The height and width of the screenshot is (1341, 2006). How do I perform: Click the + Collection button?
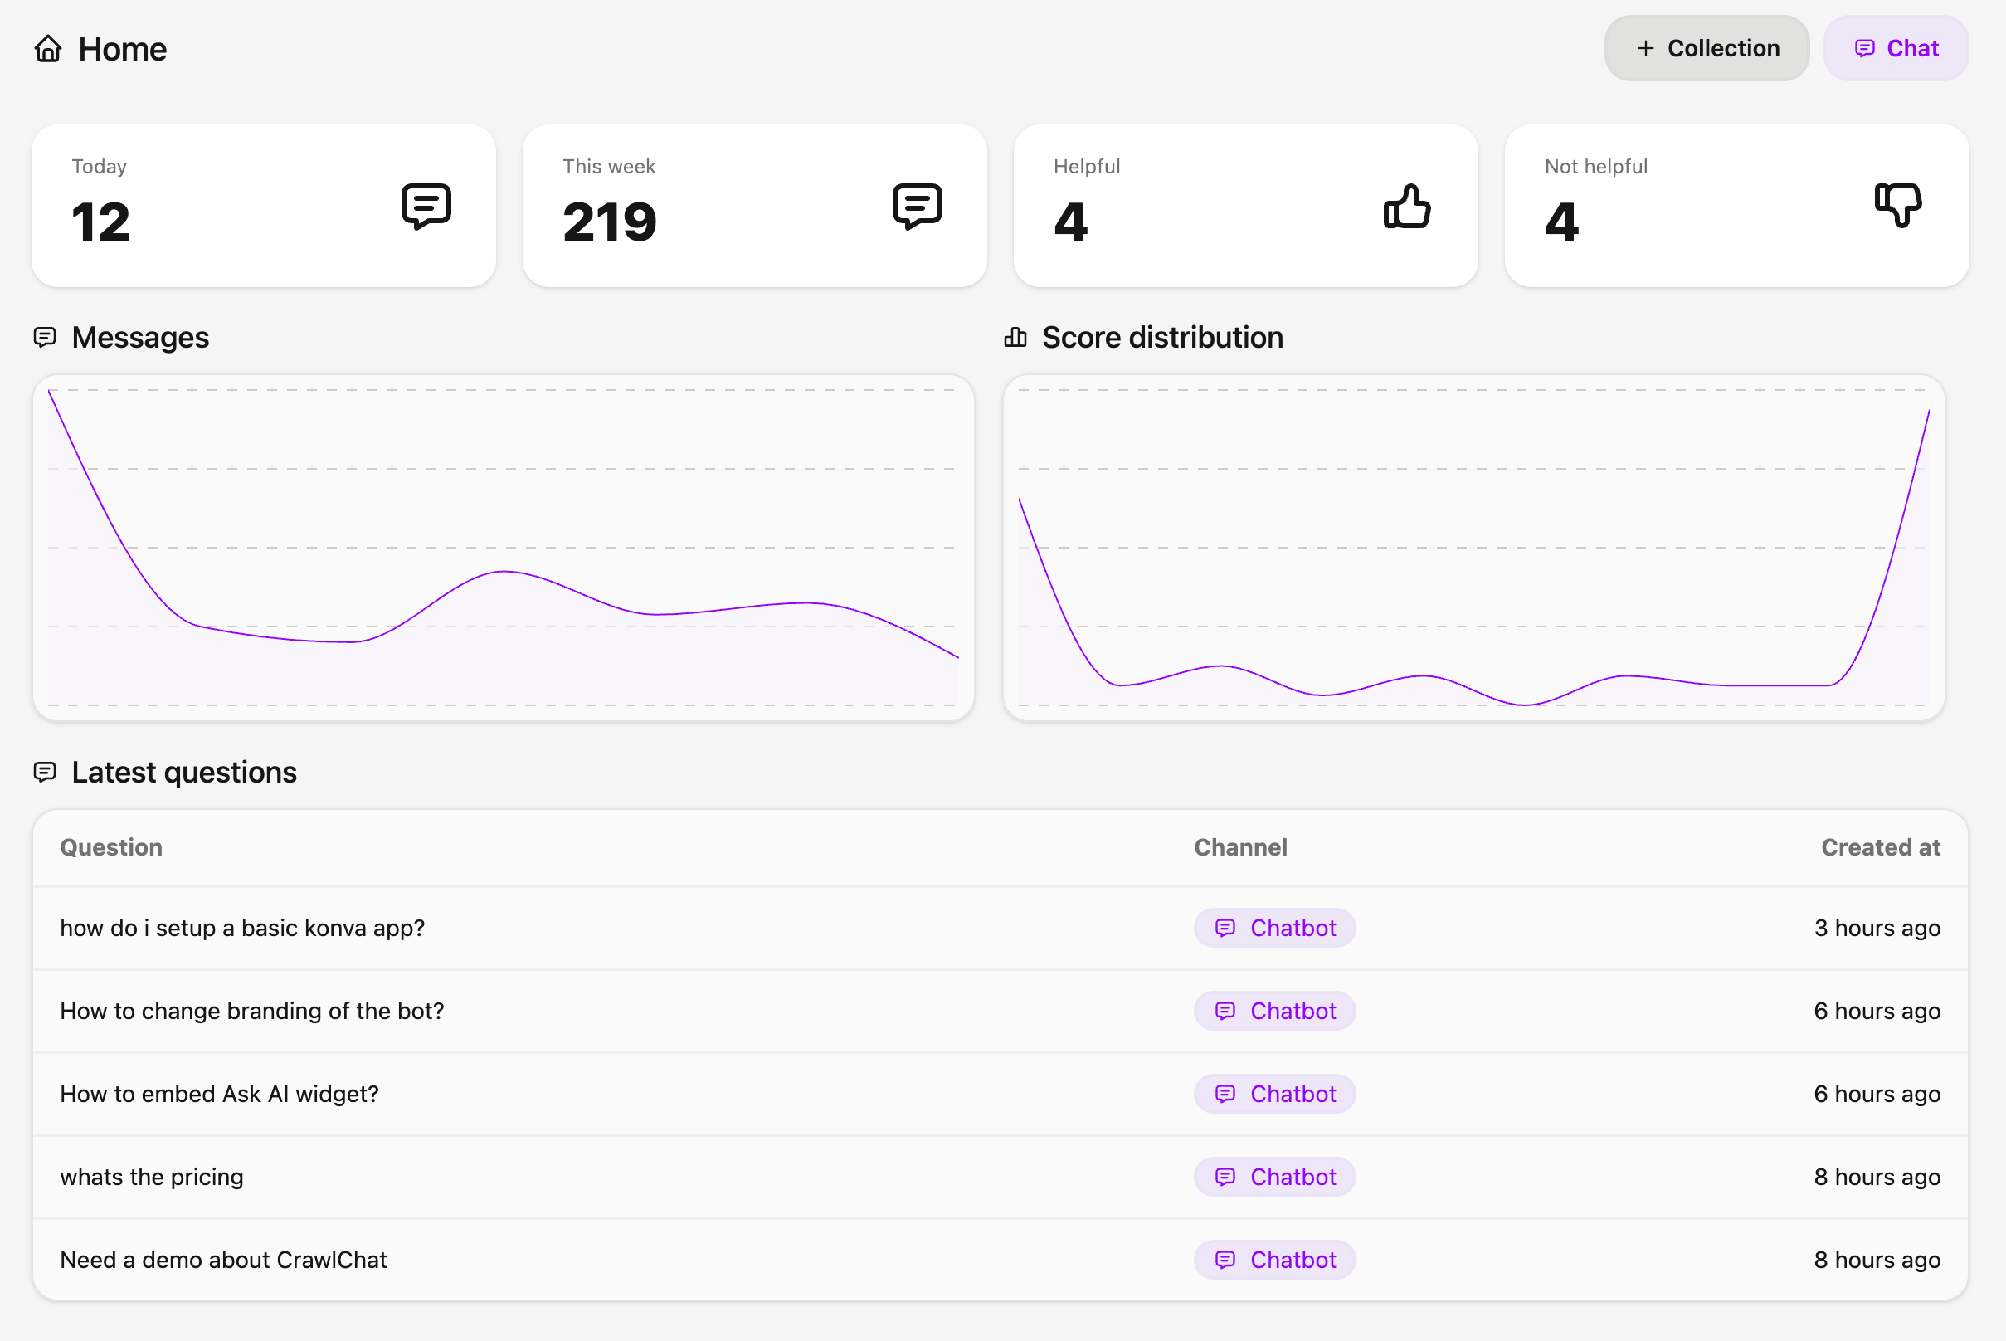[x=1706, y=49]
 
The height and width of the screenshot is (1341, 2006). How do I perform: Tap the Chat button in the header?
[x=1895, y=49]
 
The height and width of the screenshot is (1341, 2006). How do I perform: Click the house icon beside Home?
[x=48, y=49]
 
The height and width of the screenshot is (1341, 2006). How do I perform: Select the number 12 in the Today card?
[x=101, y=222]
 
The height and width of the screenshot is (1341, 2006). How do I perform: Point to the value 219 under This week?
[x=610, y=222]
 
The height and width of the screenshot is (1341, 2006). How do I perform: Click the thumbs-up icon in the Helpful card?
[x=1406, y=206]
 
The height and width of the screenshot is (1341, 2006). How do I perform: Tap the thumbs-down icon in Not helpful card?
[x=1897, y=205]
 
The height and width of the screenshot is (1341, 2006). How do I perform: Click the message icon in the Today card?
[x=426, y=206]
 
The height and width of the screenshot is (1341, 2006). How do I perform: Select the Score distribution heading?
[x=1162, y=338]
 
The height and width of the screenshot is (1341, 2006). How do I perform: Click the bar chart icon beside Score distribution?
[x=1015, y=338]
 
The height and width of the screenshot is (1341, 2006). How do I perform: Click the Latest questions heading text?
[x=184, y=773]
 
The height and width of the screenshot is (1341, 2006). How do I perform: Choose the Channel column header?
[x=1240, y=847]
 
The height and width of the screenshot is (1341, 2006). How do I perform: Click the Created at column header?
[x=1880, y=847]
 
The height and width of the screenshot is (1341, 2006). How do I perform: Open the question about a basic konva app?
[x=242, y=928]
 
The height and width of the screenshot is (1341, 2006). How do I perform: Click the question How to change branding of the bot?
[x=251, y=1011]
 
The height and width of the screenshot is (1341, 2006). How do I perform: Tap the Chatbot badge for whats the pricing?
[x=1274, y=1177]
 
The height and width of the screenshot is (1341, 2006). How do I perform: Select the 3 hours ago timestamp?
[x=1877, y=928]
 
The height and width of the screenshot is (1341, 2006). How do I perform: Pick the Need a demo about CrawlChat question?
[x=223, y=1260]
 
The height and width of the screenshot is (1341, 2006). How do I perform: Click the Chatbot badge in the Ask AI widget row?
[x=1274, y=1094]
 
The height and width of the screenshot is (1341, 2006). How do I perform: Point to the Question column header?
[x=111, y=847]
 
